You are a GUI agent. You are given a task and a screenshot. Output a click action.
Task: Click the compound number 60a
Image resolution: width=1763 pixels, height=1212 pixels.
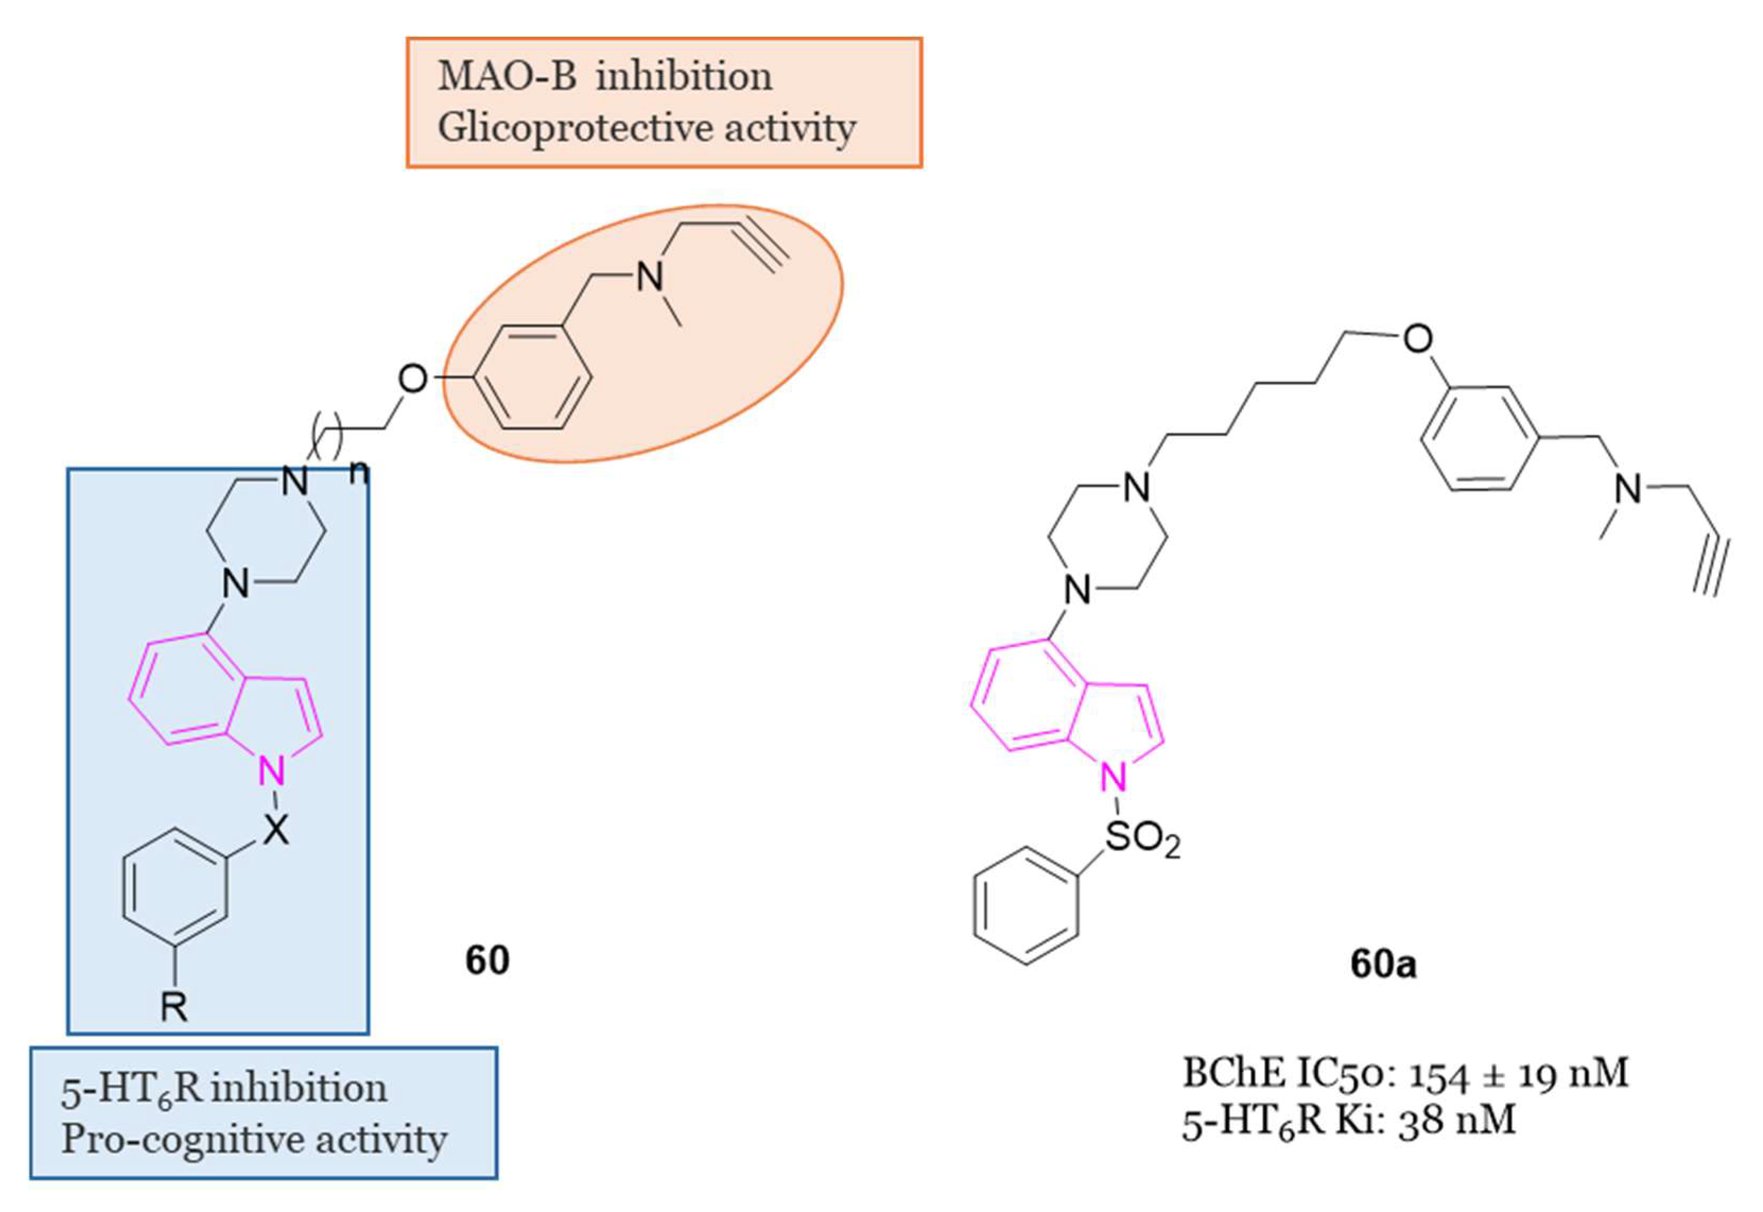[1383, 964]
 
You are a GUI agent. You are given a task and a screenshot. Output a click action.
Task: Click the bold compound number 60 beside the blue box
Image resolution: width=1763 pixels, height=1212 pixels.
[487, 960]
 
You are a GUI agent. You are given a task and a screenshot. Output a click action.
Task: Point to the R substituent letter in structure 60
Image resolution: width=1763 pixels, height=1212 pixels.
[174, 1008]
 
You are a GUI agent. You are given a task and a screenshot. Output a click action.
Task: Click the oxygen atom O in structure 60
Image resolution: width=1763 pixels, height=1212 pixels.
[413, 379]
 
